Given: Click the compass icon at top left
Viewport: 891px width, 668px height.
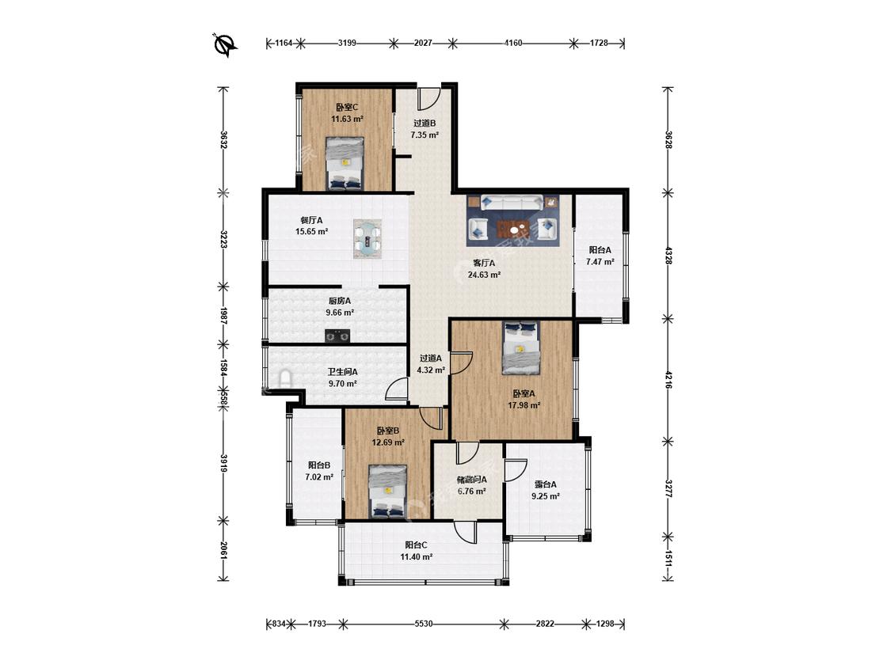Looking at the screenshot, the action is pos(225,44).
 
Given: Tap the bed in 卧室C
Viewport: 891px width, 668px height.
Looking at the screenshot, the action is pos(345,163).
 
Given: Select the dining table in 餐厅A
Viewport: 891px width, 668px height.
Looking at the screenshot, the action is pos(367,238).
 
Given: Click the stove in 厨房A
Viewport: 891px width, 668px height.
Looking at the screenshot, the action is pos(337,336).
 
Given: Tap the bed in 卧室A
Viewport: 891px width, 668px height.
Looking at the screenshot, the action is pos(521,347).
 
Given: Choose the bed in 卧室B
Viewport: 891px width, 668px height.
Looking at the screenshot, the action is pos(387,492).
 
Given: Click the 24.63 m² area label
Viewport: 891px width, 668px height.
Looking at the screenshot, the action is pos(484,275).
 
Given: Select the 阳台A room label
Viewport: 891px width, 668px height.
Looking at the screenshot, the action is pos(600,250).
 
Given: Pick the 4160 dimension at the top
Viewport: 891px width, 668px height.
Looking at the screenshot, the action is pos(513,43).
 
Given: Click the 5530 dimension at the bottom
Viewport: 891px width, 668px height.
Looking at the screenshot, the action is pos(424,624).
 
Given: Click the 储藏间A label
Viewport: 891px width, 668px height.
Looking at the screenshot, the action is pos(472,480).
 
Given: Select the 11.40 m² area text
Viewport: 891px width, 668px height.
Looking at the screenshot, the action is pos(417,557).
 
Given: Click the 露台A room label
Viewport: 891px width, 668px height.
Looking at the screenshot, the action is pos(545,484).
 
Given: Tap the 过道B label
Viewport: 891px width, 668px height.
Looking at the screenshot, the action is pos(424,123).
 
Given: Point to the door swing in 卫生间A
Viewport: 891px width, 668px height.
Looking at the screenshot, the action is pos(396,389).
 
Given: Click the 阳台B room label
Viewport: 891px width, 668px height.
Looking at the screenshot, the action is pos(319,465).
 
